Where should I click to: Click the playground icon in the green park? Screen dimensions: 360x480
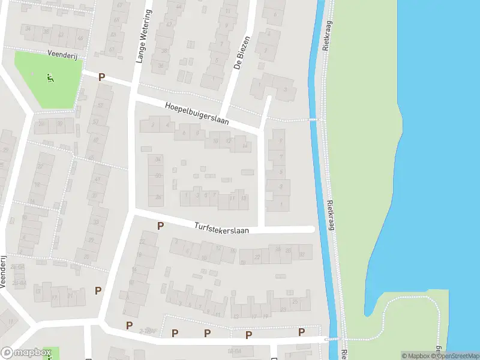pos(49,76)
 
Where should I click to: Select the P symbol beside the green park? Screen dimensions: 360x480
pos(101,77)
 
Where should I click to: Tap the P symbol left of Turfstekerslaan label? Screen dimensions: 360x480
pos(160,226)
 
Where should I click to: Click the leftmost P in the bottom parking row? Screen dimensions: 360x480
pos(129,325)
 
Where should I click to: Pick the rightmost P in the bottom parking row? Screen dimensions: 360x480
pos(301,332)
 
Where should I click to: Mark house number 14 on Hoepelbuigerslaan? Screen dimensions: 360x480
pos(245,146)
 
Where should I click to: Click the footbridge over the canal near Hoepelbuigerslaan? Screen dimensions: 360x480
pos(314,120)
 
